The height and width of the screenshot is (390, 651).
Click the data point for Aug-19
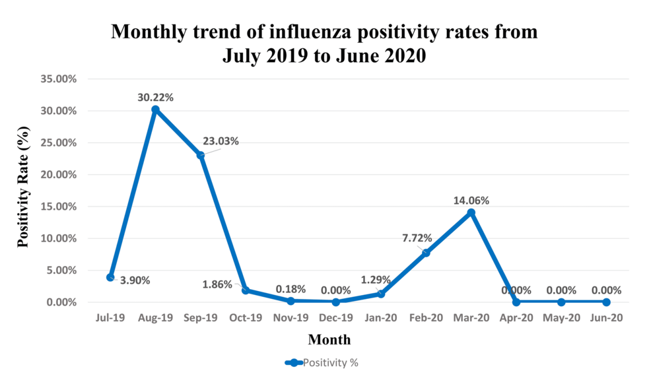click(155, 110)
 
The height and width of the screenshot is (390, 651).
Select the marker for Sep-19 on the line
click(201, 155)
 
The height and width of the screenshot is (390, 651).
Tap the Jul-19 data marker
click(110, 277)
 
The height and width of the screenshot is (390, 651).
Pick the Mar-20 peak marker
click(471, 212)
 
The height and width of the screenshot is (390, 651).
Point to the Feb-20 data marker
click(426, 253)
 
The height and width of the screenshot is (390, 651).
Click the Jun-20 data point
click(606, 302)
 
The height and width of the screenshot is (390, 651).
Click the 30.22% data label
click(156, 97)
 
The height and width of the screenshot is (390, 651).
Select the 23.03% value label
click(221, 141)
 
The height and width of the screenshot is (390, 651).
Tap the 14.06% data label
click(471, 201)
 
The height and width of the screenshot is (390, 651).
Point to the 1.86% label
click(217, 284)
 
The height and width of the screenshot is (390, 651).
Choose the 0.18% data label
click(291, 289)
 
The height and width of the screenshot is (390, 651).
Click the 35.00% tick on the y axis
click(59, 79)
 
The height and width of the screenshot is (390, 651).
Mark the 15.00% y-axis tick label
click(59, 207)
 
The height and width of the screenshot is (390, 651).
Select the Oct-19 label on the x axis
click(246, 318)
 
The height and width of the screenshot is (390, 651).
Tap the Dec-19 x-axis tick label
click(336, 318)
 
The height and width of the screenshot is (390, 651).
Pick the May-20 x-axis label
click(561, 318)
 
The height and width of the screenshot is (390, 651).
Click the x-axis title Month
click(329, 340)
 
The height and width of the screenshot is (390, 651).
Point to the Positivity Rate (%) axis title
click(24, 189)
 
